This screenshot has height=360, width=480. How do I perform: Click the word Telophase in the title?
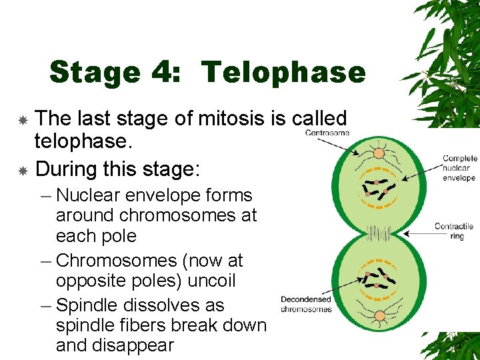click(x=283, y=72)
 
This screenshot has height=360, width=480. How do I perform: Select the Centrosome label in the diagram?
click(x=327, y=133)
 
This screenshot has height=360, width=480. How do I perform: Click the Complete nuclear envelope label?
click(x=459, y=168)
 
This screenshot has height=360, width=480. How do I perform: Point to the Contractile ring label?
click(x=454, y=231)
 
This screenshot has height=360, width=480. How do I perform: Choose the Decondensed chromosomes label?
click(x=306, y=304)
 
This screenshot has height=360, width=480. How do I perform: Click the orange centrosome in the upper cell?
click(x=378, y=154)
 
